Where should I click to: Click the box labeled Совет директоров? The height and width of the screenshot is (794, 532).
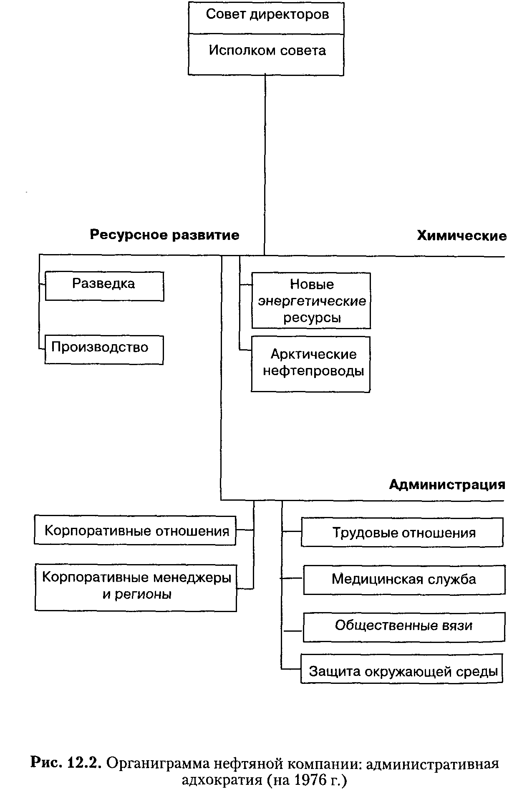pyautogui.click(x=266, y=18)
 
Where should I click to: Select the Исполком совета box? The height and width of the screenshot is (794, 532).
pyautogui.click(x=266, y=54)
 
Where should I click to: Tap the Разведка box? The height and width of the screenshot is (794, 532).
pyautogui.click(x=104, y=286)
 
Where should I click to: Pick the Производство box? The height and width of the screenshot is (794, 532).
pyautogui.click(x=104, y=350)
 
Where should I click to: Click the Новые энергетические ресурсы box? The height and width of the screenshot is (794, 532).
pyautogui.click(x=311, y=300)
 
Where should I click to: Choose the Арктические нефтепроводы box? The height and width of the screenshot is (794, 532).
pyautogui.click(x=310, y=364)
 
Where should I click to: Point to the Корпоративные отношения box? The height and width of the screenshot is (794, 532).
pyautogui.click(x=135, y=530)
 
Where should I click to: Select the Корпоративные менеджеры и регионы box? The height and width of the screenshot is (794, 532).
pyautogui.click(x=136, y=588)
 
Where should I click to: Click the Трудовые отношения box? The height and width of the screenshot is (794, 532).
pyautogui.click(x=402, y=532)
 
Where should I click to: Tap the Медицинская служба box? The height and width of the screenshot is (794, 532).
pyautogui.click(x=404, y=580)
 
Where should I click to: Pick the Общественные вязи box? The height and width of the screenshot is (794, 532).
pyautogui.click(x=404, y=627)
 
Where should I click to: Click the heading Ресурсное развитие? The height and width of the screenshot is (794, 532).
pyautogui.click(x=165, y=235)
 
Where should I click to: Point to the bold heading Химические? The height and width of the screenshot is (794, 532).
pyautogui.click(x=462, y=236)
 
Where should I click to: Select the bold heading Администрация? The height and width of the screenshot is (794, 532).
pyautogui.click(x=447, y=484)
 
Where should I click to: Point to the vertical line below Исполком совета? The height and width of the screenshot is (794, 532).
pyautogui.click(x=265, y=165)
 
